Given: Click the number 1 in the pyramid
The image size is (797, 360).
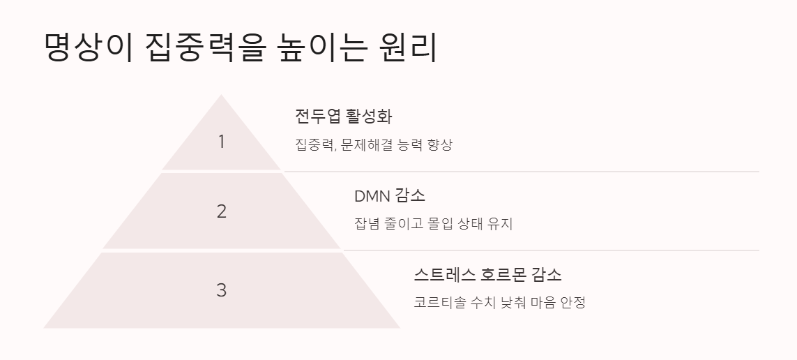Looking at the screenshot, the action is [222, 142].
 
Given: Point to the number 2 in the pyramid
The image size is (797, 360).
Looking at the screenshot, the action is [222, 211].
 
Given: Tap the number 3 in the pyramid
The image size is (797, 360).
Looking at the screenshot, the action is [222, 290].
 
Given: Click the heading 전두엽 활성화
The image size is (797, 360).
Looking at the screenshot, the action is [344, 116].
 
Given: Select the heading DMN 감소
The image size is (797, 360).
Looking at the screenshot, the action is [390, 195].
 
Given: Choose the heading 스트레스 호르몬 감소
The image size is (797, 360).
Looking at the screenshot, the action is [487, 274].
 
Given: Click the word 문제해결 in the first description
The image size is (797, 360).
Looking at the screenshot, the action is [366, 145].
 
